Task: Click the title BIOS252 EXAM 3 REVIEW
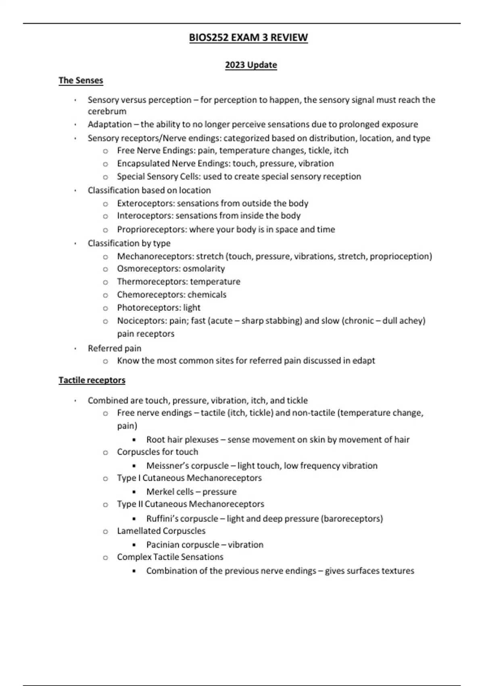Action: coord(248,38)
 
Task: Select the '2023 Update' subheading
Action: coord(251,65)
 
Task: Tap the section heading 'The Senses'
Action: coord(81,80)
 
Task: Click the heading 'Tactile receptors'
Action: coord(92,380)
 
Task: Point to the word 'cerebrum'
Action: coord(107,111)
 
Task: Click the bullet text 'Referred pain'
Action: coord(115,348)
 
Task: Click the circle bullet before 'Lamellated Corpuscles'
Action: coord(105,531)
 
